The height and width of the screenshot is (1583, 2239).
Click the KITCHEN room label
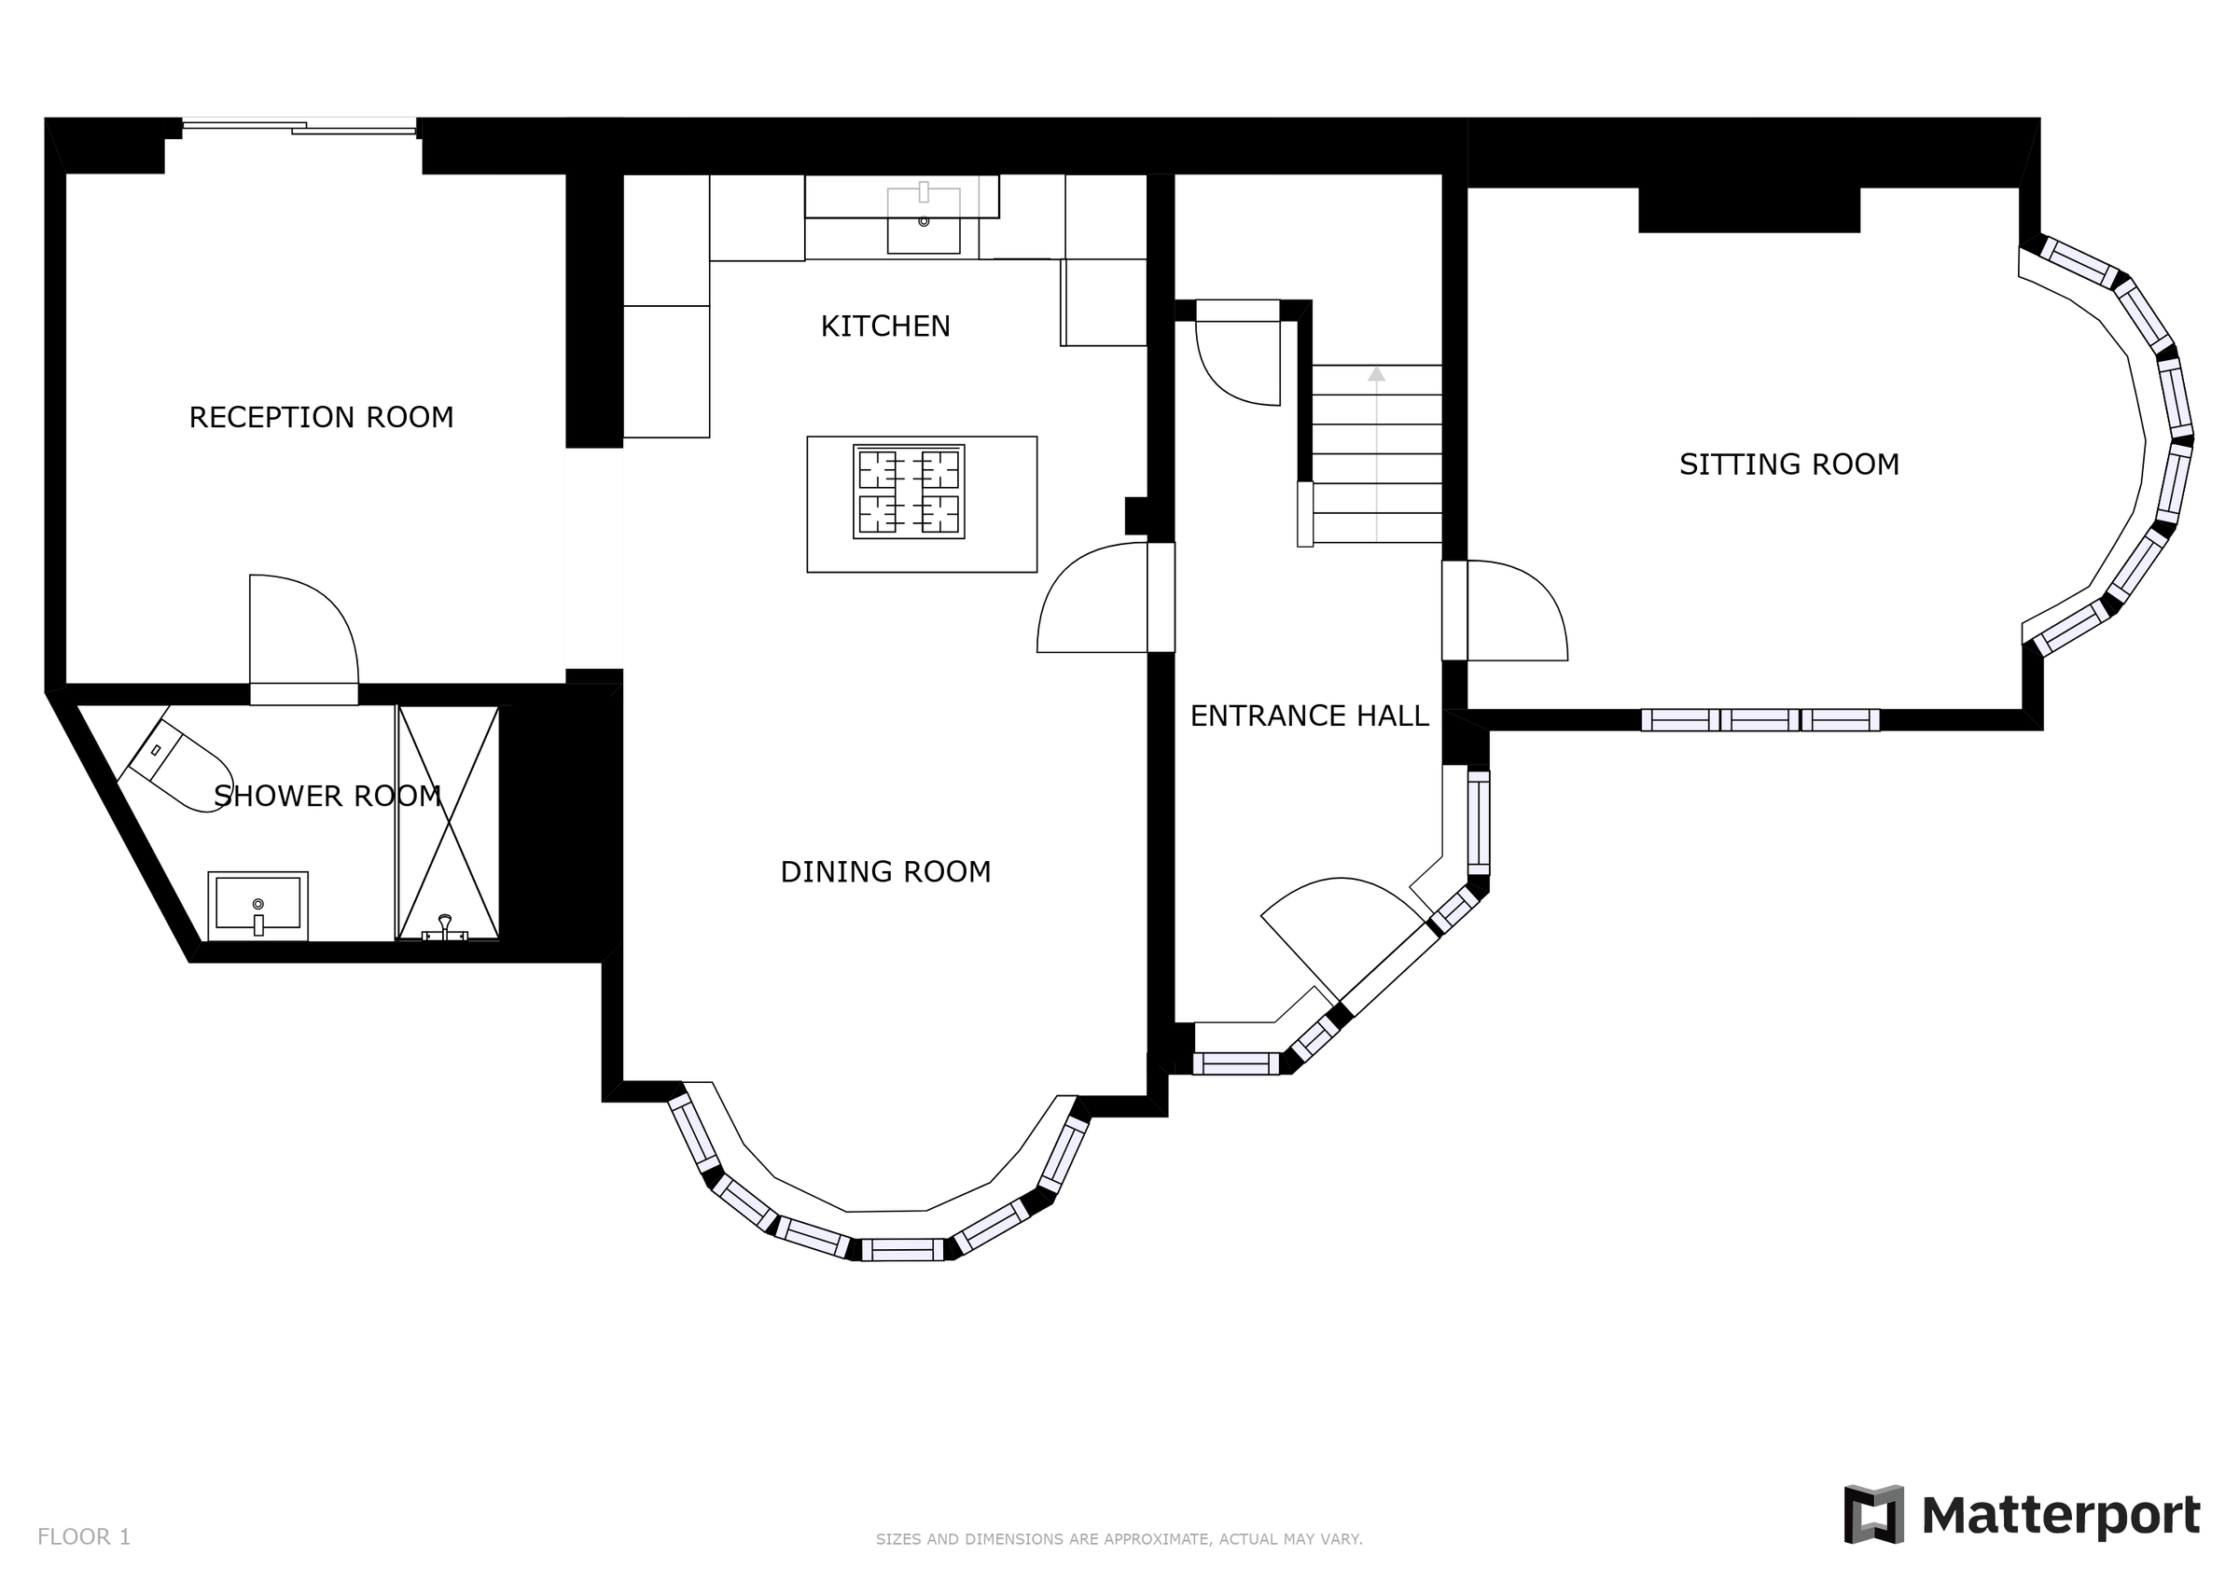[884, 326]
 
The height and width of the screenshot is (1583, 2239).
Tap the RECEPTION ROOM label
[321, 418]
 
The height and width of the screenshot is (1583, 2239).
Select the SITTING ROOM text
[1788, 465]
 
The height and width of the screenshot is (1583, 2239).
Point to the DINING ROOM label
[884, 872]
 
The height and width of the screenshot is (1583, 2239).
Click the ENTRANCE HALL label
[1309, 715]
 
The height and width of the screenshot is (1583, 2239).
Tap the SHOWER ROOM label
[327, 797]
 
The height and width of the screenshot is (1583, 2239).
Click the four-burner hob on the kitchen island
[908, 492]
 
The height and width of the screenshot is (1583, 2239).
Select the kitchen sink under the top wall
[923, 221]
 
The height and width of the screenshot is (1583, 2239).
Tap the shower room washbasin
[257, 905]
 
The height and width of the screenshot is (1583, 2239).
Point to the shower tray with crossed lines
[448, 822]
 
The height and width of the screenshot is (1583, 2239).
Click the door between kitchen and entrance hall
[1092, 601]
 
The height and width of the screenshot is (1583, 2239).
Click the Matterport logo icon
[1873, 1515]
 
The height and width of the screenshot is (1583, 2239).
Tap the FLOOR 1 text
[84, 1537]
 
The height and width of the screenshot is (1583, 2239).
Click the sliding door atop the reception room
[299, 126]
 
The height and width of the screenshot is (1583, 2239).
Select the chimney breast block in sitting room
[1748, 210]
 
